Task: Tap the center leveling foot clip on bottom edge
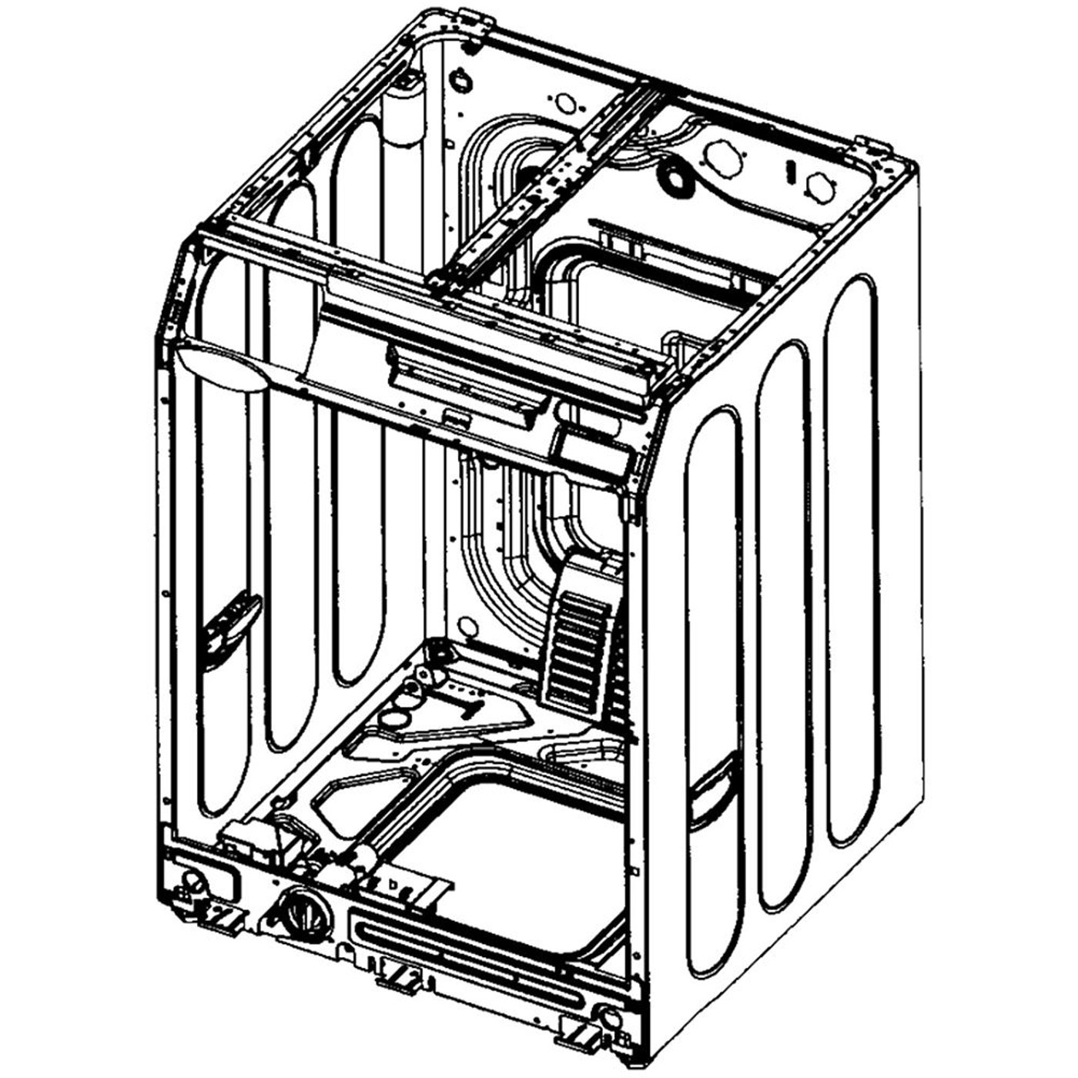[398, 976]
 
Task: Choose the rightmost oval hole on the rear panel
[819, 185]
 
